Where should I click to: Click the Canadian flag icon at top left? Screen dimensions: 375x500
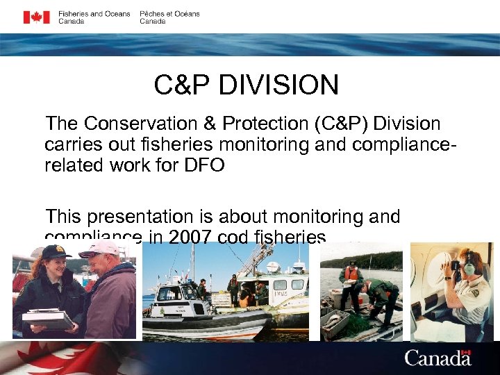[36, 17]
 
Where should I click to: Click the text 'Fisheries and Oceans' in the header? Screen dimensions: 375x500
[94, 14]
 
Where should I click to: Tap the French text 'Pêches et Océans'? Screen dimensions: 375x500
[169, 14]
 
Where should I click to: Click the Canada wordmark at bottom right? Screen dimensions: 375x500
[437, 359]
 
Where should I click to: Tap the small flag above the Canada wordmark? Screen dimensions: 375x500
[466, 352]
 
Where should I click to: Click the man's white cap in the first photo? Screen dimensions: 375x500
[100, 249]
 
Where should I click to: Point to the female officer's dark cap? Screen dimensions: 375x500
[55, 251]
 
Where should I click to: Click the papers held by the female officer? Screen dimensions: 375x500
[47, 318]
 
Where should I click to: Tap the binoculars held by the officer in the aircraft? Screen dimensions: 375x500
[451, 265]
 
